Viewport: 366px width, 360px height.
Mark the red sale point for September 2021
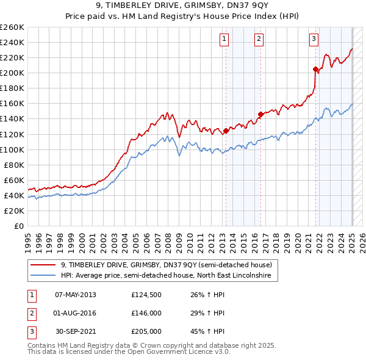tap(315, 69)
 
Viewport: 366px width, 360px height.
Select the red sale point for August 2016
tap(260, 114)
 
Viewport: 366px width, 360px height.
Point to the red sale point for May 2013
tap(226, 131)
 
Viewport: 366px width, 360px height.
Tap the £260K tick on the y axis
tap(12, 27)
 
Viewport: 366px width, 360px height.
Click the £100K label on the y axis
tap(12, 149)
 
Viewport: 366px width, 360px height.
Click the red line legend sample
tap(43, 265)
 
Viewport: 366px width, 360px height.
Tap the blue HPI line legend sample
tap(43, 276)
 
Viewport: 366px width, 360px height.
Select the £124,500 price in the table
tap(146, 294)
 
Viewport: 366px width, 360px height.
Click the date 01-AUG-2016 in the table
tap(76, 313)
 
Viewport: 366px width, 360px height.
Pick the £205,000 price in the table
tap(146, 332)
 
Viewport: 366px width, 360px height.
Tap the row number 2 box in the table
tap(30, 313)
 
